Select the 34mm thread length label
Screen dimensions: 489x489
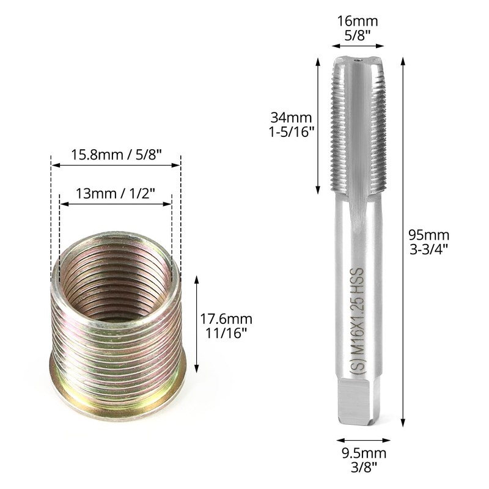click(292, 117)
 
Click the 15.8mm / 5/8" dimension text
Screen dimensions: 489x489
click(116, 155)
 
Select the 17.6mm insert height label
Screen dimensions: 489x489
click(227, 318)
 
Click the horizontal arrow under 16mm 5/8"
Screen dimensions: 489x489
click(358, 45)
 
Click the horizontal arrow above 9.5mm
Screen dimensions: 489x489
click(364, 439)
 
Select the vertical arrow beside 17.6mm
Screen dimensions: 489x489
click(197, 324)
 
